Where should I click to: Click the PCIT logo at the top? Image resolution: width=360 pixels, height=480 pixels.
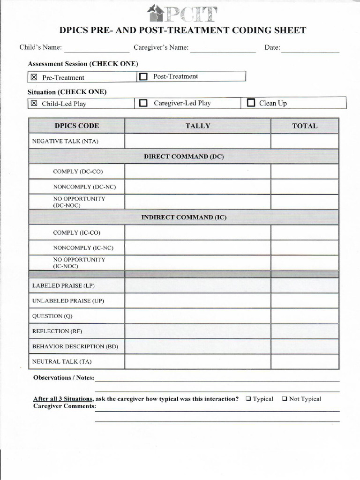(x=182, y=13)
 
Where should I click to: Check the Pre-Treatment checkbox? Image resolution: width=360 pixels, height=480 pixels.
(x=33, y=77)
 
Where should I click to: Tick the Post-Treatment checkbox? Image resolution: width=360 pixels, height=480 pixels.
(x=143, y=76)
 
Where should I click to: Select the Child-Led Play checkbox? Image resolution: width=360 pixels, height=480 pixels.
(x=33, y=104)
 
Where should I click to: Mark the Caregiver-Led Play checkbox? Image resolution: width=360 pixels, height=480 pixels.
(x=143, y=103)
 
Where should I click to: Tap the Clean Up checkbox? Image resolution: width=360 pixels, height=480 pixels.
(x=251, y=103)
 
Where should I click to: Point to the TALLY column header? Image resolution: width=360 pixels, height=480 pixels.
(x=197, y=126)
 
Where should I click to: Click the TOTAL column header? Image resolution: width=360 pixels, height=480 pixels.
(x=305, y=126)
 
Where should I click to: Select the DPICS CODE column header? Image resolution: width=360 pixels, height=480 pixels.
(x=77, y=126)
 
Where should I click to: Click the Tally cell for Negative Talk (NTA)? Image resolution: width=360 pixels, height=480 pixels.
(x=197, y=141)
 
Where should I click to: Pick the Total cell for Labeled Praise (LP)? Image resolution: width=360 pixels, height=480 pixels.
(x=305, y=285)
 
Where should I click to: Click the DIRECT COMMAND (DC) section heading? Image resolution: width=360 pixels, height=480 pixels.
(x=184, y=157)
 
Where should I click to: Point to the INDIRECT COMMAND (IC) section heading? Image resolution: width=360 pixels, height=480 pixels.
(x=184, y=217)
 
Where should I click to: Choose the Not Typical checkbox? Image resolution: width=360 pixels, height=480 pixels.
(x=285, y=399)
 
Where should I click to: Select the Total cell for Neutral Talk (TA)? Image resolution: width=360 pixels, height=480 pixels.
(x=305, y=361)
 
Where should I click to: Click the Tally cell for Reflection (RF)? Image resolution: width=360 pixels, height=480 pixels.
(x=197, y=331)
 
